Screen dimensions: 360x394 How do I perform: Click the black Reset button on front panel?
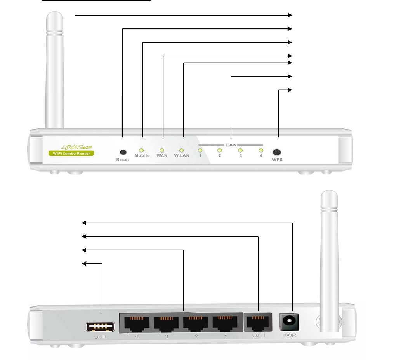pos(123,152)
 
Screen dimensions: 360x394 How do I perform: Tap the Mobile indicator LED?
pos(142,150)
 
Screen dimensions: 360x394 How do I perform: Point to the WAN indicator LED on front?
pos(162,150)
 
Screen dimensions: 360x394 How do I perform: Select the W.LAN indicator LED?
pos(181,150)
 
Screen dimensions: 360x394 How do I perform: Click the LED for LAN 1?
pos(200,150)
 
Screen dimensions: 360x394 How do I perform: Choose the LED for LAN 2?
pos(219,150)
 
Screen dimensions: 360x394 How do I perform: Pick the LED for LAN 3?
pos(240,150)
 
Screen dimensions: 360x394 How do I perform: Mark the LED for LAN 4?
pos(261,150)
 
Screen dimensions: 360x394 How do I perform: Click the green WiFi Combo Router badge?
pos(71,153)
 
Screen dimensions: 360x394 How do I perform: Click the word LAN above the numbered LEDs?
pos(231,144)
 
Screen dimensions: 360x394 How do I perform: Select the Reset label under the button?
pos(123,160)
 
